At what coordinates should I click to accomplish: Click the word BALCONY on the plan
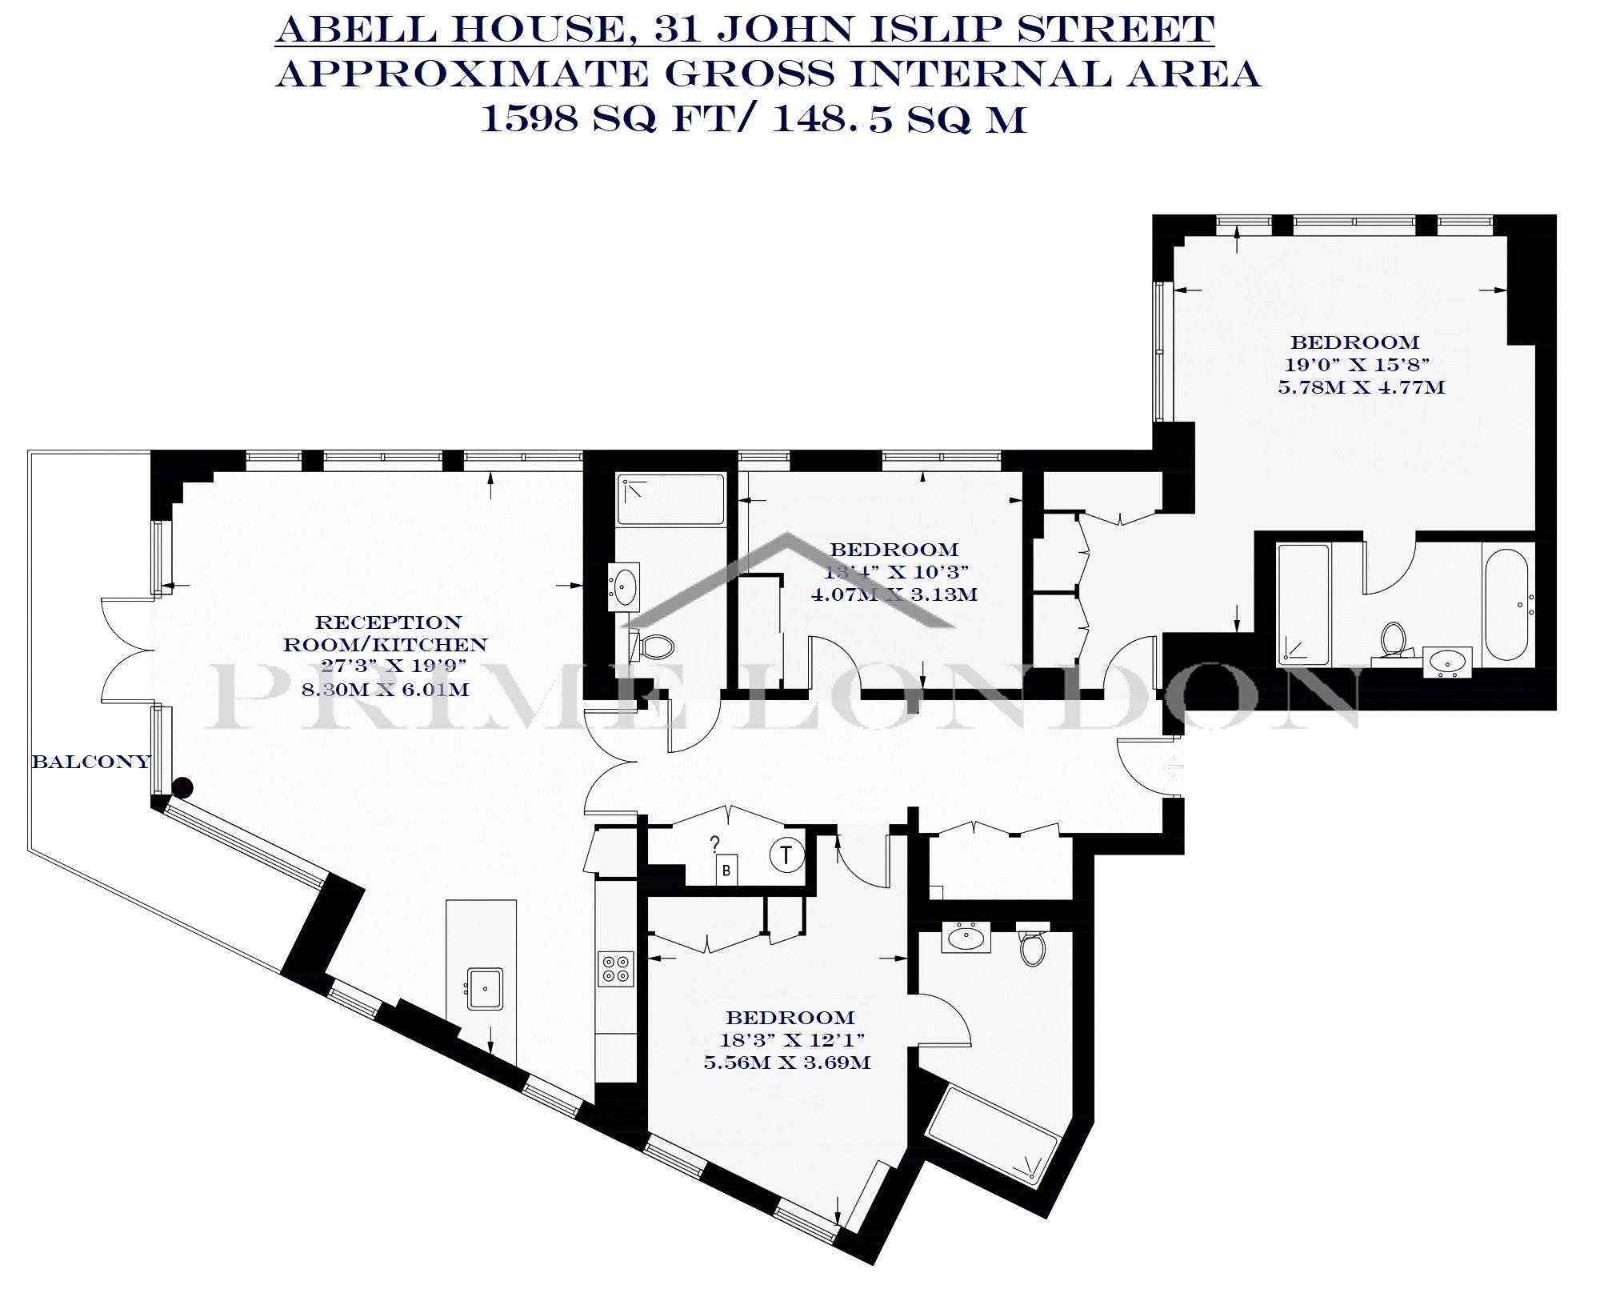pos(91,762)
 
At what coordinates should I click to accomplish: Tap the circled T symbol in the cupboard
pos(787,855)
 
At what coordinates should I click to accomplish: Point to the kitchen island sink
pos(485,988)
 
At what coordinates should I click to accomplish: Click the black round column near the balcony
pos(183,788)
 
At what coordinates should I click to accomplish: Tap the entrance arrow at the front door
pos(1172,767)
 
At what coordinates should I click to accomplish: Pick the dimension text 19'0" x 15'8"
pos(1355,365)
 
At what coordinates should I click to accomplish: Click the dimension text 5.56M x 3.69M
pos(786,1063)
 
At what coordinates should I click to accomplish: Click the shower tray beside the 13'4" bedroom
pos(671,500)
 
